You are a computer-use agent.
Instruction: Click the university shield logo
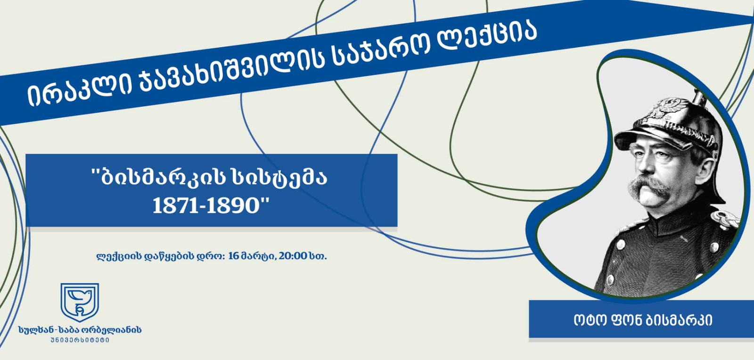click(x=80, y=302)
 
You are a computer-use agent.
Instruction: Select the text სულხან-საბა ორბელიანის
click(x=80, y=330)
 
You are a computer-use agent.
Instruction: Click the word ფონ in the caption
click(x=627, y=320)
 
